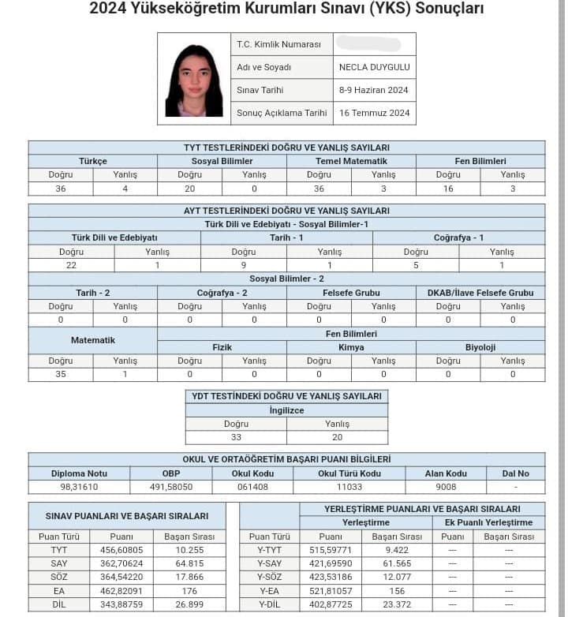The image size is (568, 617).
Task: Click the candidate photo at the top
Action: click(193, 80)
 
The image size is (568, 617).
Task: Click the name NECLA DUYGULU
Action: click(374, 67)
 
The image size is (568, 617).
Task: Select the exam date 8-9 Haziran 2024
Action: click(373, 90)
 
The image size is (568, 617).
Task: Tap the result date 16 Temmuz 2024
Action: click(375, 113)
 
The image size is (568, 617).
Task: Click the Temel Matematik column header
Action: click(351, 161)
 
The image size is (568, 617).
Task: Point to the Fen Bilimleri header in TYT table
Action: click(480, 161)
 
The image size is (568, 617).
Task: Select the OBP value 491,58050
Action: click(171, 488)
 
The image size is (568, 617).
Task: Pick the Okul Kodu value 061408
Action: click(252, 488)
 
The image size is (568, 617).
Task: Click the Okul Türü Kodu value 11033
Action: click(349, 488)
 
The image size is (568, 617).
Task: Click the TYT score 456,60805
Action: click(121, 549)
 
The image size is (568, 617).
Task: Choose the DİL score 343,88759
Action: click(121, 604)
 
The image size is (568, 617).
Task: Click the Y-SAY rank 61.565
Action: click(402, 563)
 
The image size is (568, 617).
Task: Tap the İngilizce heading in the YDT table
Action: click(286, 410)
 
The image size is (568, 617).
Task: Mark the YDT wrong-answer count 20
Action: click(337, 437)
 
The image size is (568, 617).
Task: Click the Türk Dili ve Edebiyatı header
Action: click(114, 237)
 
